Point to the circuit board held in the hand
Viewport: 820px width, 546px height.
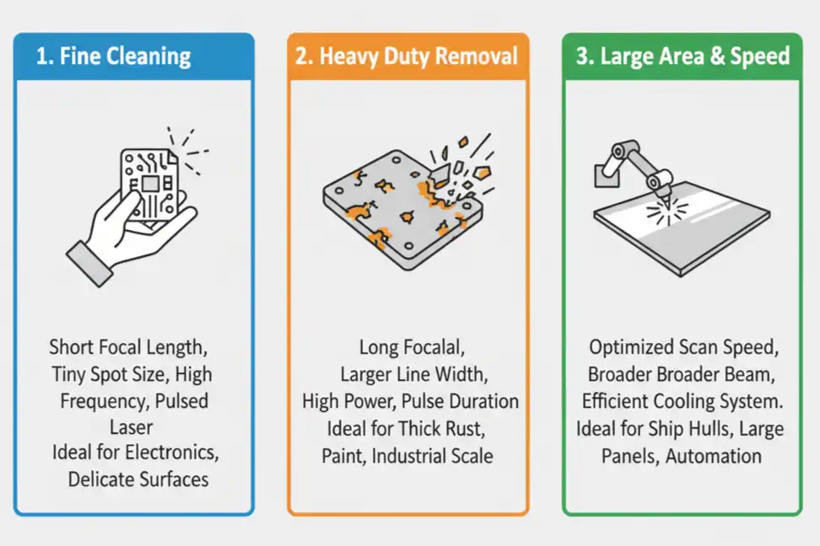[150, 180]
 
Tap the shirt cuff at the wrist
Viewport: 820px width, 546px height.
[89, 262]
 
